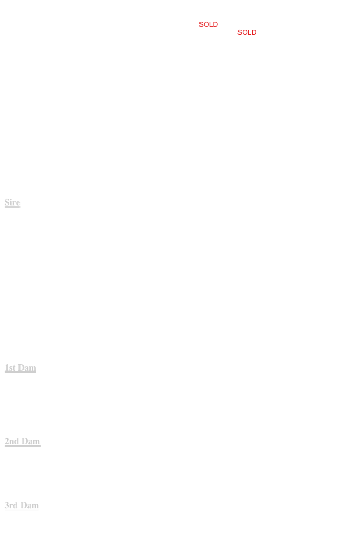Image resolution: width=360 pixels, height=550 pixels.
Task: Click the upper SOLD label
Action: point(208,24)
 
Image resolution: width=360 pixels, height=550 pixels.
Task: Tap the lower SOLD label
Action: point(247,32)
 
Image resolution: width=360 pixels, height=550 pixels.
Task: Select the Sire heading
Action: point(12,202)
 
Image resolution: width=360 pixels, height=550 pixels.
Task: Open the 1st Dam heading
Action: point(21,367)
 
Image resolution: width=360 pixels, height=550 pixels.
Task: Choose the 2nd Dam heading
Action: point(23,441)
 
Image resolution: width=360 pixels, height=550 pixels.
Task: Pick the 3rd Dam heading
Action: point(22,505)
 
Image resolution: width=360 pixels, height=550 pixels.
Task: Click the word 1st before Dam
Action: point(10,367)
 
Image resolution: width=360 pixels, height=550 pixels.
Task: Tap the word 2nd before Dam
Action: point(12,441)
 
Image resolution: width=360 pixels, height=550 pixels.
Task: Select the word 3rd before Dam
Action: point(11,505)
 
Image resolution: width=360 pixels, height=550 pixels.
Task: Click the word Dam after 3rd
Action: point(29,505)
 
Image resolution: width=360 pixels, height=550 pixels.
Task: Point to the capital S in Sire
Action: point(7,202)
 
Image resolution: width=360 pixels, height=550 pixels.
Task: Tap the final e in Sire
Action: point(18,204)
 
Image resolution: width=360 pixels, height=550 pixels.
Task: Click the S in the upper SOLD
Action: point(201,24)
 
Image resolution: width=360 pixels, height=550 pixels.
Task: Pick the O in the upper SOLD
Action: point(206,24)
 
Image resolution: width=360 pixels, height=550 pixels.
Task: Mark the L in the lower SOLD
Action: point(250,32)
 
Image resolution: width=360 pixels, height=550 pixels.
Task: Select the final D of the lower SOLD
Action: point(254,32)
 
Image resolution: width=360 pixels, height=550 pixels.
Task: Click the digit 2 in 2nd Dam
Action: point(7,441)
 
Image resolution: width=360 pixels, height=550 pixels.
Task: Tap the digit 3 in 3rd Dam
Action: point(7,505)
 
